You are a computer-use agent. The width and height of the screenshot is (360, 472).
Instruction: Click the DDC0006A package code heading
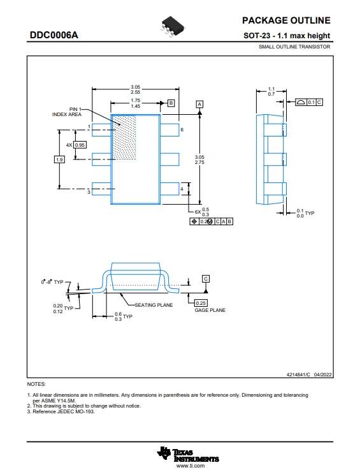coord(54,35)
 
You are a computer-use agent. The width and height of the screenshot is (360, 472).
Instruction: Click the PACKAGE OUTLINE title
coord(286,20)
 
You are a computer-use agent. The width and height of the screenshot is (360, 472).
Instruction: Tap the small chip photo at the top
coord(173,27)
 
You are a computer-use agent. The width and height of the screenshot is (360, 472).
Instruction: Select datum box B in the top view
coord(171,103)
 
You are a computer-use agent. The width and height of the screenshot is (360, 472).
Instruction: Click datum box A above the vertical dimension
coord(199,104)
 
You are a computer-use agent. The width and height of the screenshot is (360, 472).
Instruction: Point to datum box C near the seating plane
coord(206,279)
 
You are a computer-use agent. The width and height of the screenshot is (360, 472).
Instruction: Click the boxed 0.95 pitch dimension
coord(80,145)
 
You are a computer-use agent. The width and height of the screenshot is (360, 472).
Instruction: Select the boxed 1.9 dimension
coord(59,159)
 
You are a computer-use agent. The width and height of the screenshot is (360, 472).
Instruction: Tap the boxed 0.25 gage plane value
coord(201,303)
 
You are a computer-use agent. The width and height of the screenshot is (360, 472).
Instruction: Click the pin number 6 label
coord(182,129)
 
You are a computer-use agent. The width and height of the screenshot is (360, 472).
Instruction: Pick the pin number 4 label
coord(182,189)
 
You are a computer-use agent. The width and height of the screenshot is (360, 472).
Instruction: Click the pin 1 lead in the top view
coord(101,129)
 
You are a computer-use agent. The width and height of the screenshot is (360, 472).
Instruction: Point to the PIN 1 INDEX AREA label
coord(67,112)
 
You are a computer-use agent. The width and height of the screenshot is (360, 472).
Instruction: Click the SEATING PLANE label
coord(154,305)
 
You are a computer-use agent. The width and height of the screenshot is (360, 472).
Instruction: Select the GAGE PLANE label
coord(210,310)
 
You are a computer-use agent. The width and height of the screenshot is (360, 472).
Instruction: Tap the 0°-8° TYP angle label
coord(52,282)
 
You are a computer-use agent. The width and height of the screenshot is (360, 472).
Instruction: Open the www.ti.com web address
coord(191,466)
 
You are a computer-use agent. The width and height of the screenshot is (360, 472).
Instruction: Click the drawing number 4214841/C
coord(298,374)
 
